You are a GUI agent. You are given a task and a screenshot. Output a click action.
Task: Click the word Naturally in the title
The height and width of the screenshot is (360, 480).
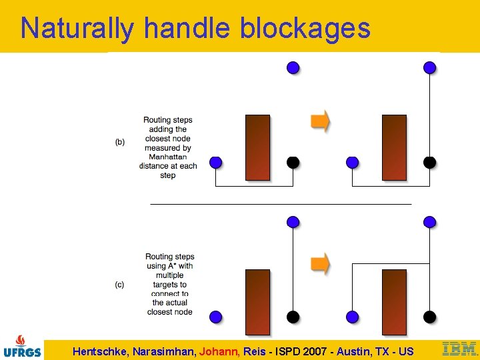coord(77,28)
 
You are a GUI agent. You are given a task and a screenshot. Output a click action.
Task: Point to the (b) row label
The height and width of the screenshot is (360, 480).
coord(120,142)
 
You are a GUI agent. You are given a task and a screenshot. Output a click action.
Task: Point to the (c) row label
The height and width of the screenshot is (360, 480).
coord(119,285)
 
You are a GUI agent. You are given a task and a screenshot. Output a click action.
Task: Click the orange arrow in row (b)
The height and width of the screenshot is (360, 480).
coord(321,121)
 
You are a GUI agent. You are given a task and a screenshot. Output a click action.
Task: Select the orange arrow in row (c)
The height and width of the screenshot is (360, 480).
coord(321,263)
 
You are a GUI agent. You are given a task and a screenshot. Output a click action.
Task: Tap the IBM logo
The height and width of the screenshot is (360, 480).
coord(459,349)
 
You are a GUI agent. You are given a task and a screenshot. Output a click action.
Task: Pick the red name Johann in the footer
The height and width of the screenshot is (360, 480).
coord(217,351)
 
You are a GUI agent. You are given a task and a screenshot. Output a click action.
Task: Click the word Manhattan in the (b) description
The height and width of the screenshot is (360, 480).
coord(168,157)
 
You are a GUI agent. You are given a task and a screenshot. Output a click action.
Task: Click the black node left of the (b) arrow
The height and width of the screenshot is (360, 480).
coord(293,162)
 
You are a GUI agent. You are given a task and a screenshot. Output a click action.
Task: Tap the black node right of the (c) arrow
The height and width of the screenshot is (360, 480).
coord(430,316)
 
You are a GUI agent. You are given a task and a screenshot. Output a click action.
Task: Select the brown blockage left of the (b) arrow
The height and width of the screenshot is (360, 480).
coord(258,147)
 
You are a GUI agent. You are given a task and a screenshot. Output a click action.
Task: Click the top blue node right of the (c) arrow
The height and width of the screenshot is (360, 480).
coord(430,221)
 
